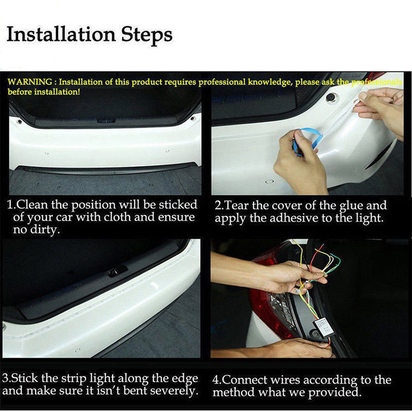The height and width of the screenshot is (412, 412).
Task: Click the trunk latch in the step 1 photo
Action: click(x=106, y=120)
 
